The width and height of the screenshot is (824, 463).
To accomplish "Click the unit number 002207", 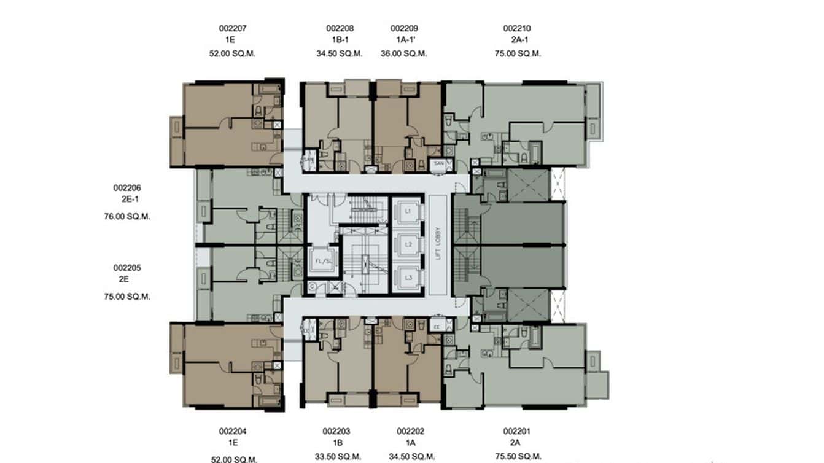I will click(232, 28).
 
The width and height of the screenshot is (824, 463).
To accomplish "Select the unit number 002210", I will click(517, 28).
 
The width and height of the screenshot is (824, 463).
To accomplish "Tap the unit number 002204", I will click(232, 432).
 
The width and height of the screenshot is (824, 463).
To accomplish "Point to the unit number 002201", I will click(517, 432).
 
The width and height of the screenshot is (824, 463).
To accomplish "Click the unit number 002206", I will click(127, 188).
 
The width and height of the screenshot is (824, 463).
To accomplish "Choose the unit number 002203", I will click(336, 432).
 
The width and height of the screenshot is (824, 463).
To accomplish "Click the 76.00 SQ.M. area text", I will click(127, 216).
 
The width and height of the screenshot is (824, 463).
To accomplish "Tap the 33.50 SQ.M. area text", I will click(336, 456).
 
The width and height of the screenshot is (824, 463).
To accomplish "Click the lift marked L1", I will click(408, 211).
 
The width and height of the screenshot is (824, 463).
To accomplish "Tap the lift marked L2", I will click(408, 244).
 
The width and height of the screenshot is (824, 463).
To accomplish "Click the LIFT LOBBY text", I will click(438, 244).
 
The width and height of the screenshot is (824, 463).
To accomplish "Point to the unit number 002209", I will click(404, 28).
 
